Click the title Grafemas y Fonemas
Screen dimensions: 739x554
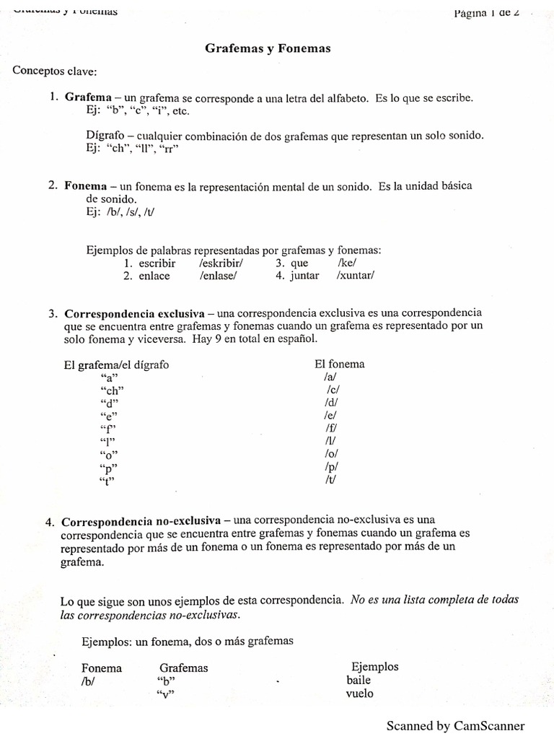(268, 48)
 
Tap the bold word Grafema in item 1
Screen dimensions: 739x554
(88, 97)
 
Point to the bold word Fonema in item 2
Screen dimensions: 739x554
(86, 186)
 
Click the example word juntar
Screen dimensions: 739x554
(304, 276)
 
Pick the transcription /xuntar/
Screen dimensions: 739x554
(356, 276)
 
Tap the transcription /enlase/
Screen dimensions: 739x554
(217, 276)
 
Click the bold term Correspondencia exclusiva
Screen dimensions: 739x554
(134, 314)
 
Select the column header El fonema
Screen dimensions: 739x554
(339, 364)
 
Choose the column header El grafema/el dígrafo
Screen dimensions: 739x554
(116, 365)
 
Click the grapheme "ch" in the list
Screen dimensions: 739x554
(114, 390)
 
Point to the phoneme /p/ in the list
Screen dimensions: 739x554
(331, 467)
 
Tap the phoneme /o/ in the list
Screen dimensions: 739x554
(331, 454)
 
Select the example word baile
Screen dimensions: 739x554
(359, 680)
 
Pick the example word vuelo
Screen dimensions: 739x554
(360, 694)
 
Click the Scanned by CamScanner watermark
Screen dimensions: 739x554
(455, 725)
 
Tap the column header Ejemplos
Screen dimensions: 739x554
(374, 667)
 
